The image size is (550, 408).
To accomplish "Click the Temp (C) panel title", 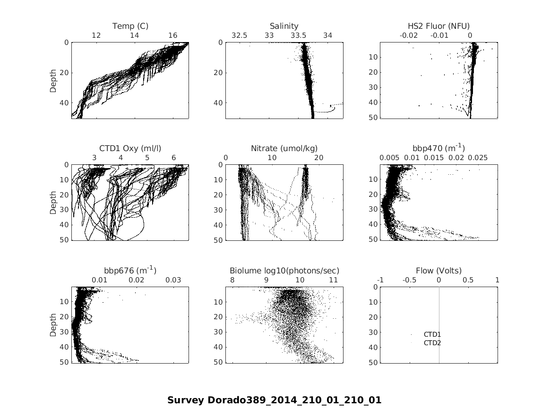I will (130, 26).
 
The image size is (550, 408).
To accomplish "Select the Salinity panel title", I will (284, 26).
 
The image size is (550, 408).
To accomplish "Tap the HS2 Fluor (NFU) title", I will (438, 26).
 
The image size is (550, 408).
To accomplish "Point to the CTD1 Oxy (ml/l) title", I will (130, 148).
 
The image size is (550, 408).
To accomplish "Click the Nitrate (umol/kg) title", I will (284, 148).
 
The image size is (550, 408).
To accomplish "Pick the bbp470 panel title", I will (438, 148).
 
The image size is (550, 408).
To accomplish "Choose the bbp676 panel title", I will (130, 271).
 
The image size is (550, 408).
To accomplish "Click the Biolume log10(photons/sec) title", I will (284, 271).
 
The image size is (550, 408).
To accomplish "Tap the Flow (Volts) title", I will (438, 271).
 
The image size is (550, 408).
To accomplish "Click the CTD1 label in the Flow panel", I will (432, 335).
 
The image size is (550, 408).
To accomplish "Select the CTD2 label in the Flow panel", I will (432, 343).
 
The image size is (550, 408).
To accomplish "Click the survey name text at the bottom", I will (274, 400).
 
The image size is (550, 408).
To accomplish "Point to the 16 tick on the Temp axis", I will (173, 36).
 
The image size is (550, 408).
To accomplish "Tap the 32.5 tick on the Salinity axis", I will (239, 36).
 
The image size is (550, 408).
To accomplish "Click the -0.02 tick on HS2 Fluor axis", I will (409, 36).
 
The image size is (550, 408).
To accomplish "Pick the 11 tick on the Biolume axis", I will (334, 280).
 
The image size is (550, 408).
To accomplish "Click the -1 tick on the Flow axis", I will (380, 280).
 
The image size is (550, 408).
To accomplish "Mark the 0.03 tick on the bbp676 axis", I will (173, 280).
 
